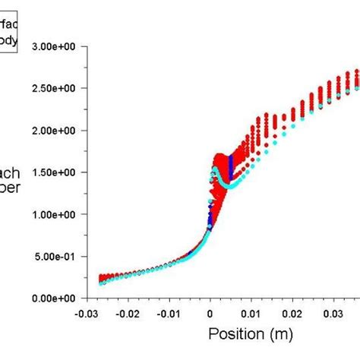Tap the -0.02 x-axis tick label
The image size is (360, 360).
pyautogui.click(x=128, y=312)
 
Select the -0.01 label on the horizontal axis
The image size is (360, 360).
pyautogui.click(x=169, y=312)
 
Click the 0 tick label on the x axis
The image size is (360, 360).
pyautogui.click(x=210, y=312)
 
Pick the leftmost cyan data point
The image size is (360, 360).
pyautogui.click(x=102, y=283)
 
